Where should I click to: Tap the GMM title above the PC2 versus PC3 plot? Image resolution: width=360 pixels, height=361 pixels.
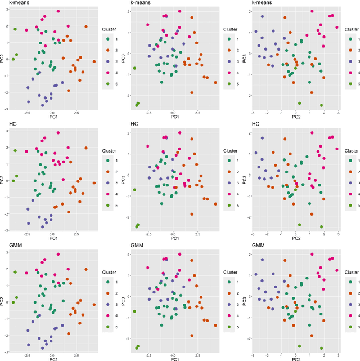tap(259, 246)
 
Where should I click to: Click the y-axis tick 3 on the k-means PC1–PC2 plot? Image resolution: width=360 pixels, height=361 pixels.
tap(8, 10)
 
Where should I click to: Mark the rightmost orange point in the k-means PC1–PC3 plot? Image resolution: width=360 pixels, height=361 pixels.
tap(215, 82)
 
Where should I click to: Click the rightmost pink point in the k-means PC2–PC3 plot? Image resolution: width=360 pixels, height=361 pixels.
tap(337, 27)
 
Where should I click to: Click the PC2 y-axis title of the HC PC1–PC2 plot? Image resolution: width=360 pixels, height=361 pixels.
tap(3, 180)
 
